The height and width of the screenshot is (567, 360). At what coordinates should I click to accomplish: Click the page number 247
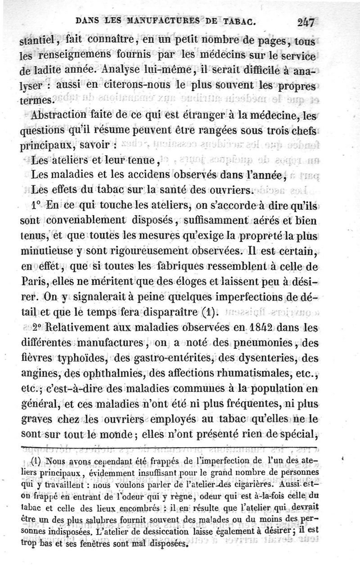pos(307,22)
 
